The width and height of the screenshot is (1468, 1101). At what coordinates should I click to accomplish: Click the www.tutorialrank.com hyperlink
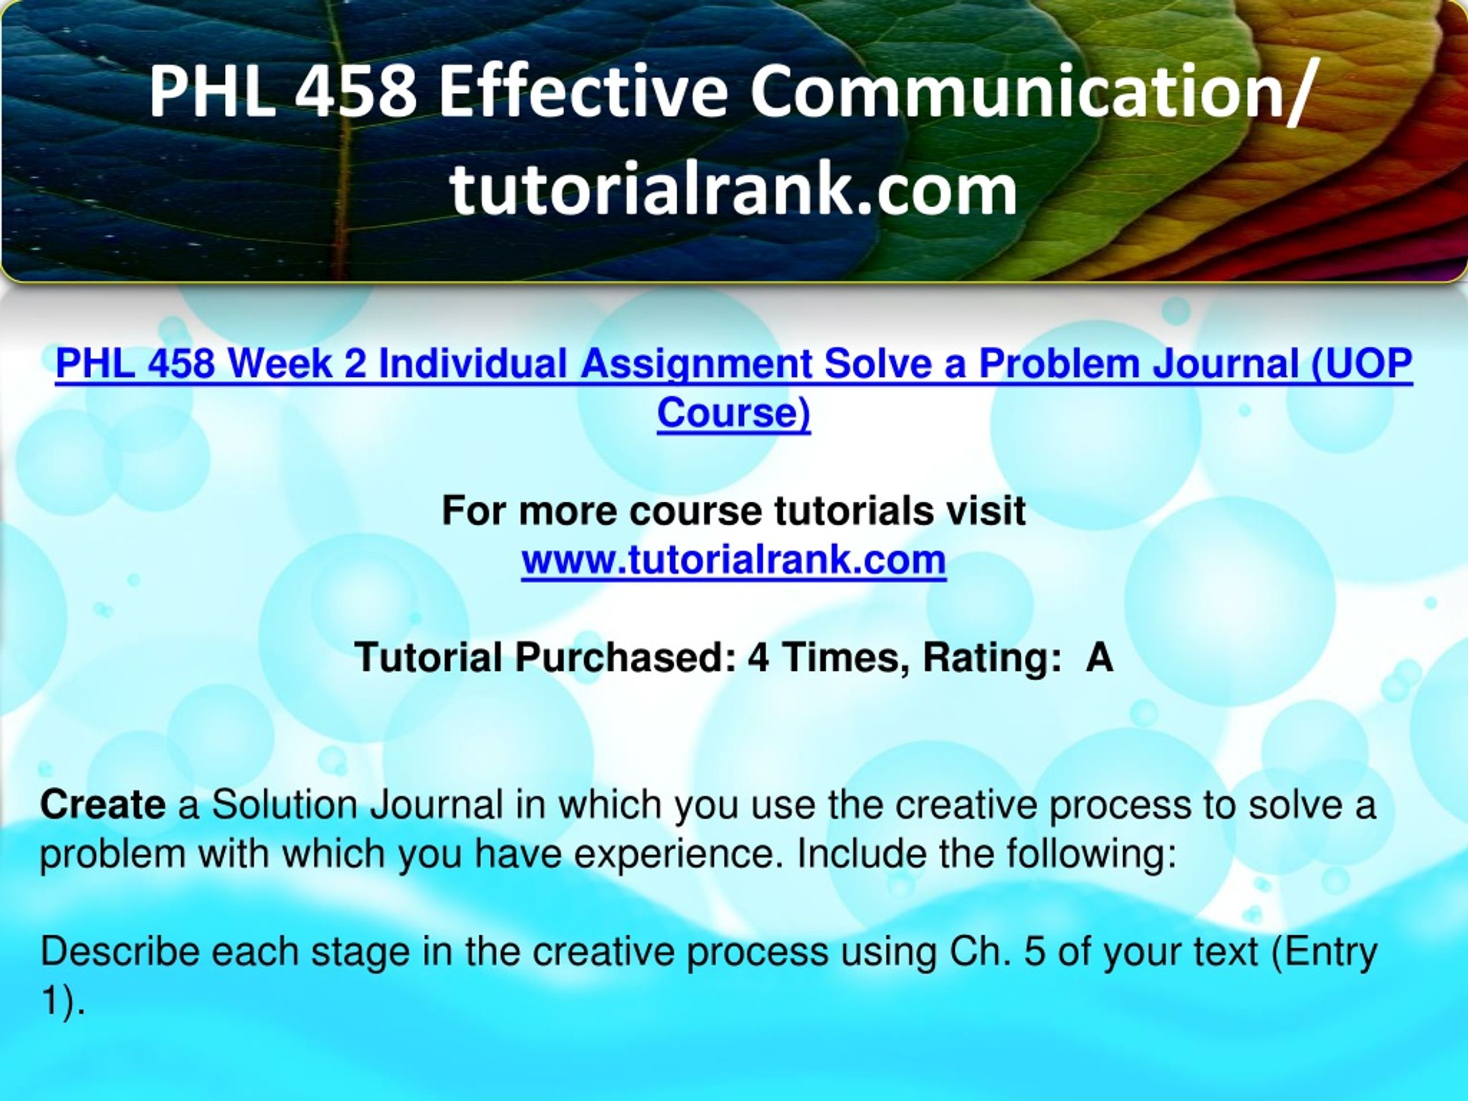(x=733, y=560)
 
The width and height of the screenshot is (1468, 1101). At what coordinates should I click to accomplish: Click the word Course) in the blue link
(x=734, y=413)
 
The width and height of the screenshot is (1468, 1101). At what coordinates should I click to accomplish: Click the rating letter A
(x=1099, y=658)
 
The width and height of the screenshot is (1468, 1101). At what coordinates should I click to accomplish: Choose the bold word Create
(x=103, y=806)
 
